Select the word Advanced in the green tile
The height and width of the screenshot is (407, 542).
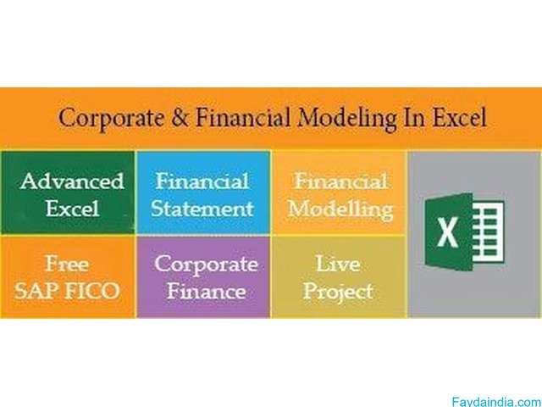coord(72,181)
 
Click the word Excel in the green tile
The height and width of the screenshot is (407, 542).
coord(72,207)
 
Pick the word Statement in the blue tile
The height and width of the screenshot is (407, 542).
coord(203,207)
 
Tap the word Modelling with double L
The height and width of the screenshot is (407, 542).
coord(340,207)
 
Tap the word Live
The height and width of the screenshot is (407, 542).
coord(339,264)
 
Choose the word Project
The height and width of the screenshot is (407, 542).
coord(339,291)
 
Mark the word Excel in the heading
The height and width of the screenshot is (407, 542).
coord(459,118)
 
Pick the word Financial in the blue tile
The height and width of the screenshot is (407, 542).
coord(202,181)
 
